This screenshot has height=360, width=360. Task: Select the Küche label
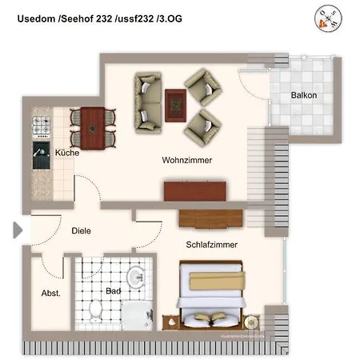67,152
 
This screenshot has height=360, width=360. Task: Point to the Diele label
81,230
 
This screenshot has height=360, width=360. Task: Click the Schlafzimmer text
211,245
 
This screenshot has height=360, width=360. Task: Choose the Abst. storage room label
50,294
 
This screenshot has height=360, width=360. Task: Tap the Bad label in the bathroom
113,291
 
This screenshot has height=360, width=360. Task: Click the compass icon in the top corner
326,18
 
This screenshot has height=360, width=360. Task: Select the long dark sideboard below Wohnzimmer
195,190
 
